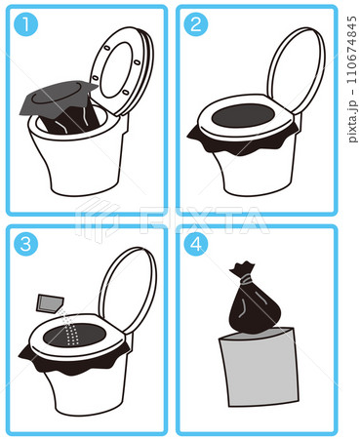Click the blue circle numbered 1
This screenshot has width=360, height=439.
26,24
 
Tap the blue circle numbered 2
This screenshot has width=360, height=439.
196,24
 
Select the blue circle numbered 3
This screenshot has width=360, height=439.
26,244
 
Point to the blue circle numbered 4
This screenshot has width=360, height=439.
196,244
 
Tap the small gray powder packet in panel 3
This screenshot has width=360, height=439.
50,303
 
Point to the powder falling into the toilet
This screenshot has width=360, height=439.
70,328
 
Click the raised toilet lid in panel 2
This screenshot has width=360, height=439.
296,70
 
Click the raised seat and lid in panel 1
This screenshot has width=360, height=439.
122,71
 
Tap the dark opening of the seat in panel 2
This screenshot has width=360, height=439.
243,116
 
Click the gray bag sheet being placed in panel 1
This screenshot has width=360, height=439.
59,98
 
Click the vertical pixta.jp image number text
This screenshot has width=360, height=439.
352,79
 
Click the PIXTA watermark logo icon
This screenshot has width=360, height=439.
98,219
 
